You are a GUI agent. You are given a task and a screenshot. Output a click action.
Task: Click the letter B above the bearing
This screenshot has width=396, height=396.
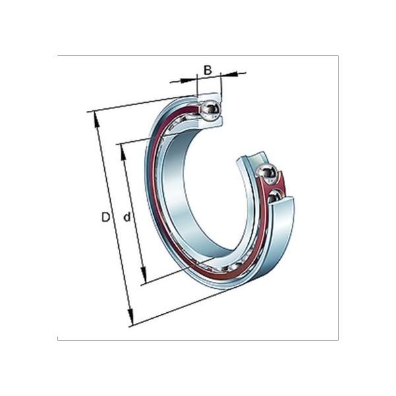point(207,70)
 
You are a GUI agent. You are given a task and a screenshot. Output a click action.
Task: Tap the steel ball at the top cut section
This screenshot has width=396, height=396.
point(213,110)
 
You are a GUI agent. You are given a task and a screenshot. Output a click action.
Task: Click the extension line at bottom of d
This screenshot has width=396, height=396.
point(165,277)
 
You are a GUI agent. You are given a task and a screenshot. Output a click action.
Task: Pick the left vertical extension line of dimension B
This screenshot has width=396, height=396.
point(197,89)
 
